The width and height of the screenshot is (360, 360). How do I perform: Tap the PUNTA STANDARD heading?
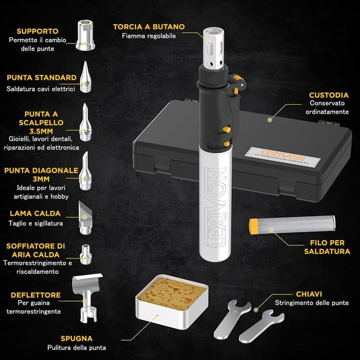[x=42, y=78]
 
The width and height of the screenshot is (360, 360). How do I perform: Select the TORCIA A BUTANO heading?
[x=149, y=26]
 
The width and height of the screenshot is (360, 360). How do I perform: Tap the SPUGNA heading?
[x=77, y=338]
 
